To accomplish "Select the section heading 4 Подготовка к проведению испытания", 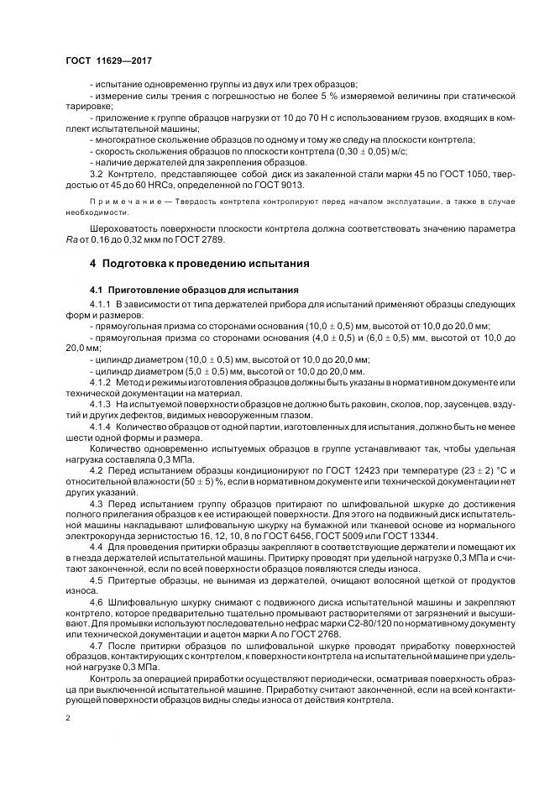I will (200, 263).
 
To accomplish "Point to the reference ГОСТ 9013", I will (280, 185).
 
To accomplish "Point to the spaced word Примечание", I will (123, 203).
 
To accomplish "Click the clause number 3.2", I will (97, 173).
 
